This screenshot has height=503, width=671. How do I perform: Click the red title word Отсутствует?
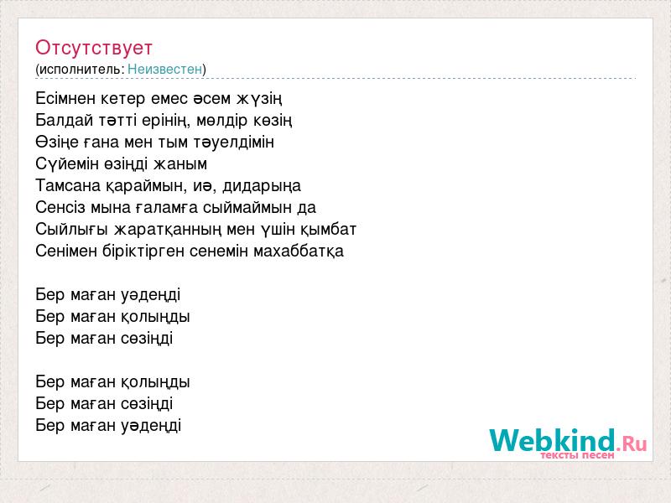[x=94, y=48]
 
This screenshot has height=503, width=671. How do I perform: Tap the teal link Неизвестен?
[x=164, y=69]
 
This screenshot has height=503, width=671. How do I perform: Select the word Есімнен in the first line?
[x=65, y=98]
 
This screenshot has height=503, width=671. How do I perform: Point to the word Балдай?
[x=65, y=121]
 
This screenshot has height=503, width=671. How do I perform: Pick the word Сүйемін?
[x=67, y=163]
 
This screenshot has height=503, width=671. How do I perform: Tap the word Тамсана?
[x=68, y=185]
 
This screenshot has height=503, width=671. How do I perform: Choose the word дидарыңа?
[x=262, y=186]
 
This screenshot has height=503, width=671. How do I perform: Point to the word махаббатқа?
[x=299, y=251]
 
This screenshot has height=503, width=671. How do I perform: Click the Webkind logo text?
[x=553, y=440]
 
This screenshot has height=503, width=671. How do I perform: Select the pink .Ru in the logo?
[x=632, y=443]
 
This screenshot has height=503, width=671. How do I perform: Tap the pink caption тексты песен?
[x=577, y=455]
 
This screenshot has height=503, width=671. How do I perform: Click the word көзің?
[x=272, y=121]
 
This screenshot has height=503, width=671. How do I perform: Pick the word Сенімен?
[x=66, y=251]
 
